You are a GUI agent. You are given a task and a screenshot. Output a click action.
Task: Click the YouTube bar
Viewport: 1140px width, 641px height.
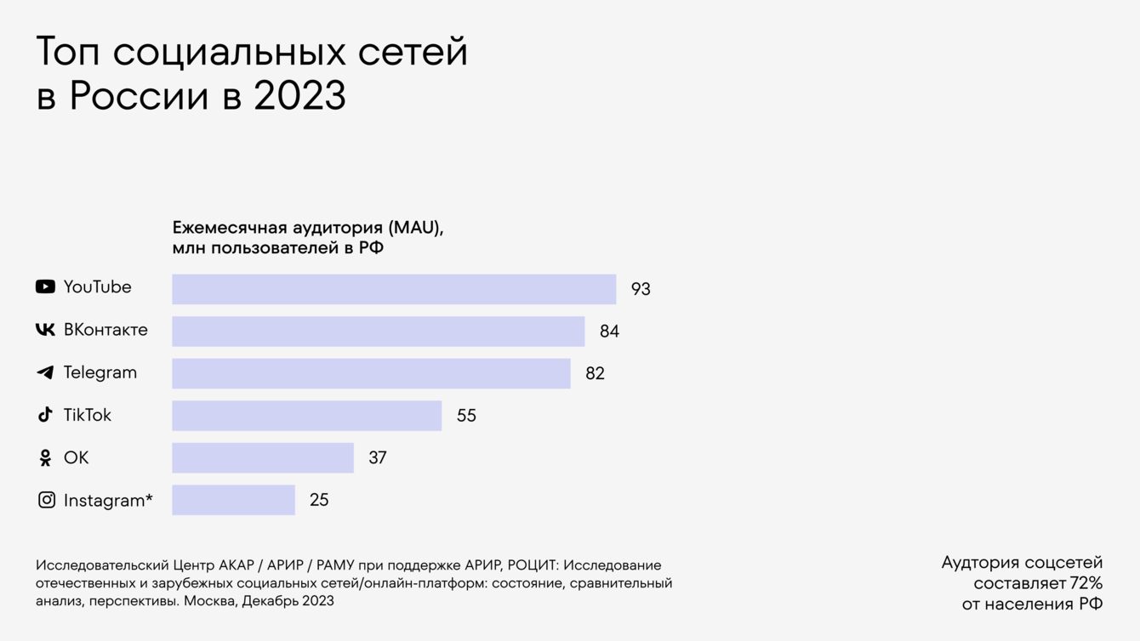click(394, 289)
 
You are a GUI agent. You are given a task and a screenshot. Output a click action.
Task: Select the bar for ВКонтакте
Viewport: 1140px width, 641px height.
click(378, 332)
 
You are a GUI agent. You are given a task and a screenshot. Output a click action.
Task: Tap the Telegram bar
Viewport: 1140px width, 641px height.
click(371, 374)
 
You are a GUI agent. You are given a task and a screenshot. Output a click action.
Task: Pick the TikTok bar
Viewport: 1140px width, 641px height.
click(306, 416)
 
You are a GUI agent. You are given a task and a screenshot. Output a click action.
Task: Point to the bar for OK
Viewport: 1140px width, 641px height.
click(262, 458)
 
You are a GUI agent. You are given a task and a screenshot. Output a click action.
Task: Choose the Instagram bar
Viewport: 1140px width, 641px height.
click(233, 501)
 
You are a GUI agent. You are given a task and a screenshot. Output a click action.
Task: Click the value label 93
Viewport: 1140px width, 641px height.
click(641, 289)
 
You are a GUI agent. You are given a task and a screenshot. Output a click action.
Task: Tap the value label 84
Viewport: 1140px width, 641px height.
click(609, 332)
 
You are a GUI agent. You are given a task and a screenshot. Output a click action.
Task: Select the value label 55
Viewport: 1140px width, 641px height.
click(466, 416)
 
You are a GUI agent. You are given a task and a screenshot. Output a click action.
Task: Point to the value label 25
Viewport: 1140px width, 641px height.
click(319, 501)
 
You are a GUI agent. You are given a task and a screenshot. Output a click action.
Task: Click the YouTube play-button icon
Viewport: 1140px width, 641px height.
click(45, 287)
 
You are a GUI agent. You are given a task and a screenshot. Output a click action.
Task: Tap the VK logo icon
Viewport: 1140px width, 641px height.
click(45, 330)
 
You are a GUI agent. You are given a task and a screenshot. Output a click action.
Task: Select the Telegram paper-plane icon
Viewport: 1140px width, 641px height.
click(45, 372)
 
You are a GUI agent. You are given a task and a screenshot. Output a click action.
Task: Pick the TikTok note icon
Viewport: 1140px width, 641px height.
click(45, 415)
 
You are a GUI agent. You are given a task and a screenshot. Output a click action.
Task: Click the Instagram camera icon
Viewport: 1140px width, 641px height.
click(47, 500)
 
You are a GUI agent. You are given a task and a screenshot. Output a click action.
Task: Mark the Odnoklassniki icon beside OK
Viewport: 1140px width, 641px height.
click(45, 458)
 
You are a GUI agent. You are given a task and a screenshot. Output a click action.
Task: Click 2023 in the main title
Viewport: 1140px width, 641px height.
click(299, 96)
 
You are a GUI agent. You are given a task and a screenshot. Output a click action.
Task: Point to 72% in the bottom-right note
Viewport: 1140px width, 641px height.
click(1086, 583)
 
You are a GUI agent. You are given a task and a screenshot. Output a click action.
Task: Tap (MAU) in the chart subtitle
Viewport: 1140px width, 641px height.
click(415, 228)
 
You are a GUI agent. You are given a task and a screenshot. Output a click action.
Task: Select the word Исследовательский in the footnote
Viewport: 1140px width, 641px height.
click(102, 565)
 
